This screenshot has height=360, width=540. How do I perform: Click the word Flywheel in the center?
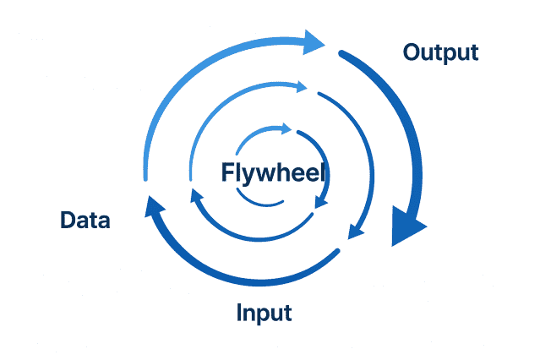273,172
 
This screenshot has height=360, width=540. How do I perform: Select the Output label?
440,52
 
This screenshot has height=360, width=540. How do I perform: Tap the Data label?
85,221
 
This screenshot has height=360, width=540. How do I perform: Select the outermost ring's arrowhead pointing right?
314,41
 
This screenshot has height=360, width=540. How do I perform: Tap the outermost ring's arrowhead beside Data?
152,206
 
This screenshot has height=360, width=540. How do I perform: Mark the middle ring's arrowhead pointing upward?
196,196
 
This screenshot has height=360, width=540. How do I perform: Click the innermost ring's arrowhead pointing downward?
320,201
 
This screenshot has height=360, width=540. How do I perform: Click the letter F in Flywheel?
227,172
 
